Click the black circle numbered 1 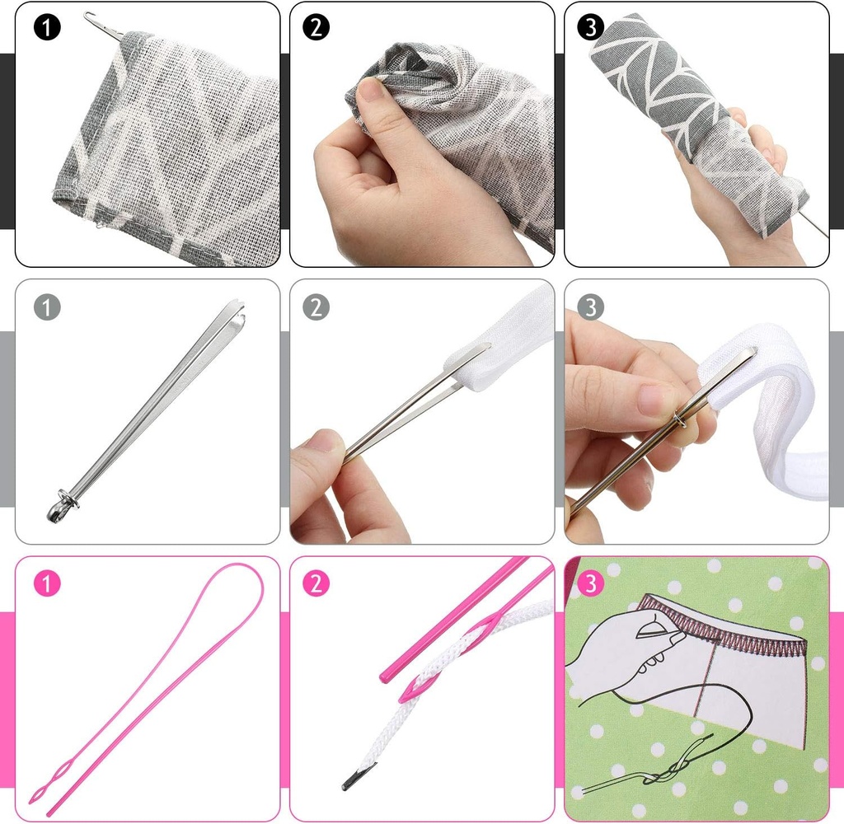tap(47, 27)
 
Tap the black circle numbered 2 tap(316, 27)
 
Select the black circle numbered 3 tap(590, 27)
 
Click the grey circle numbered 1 tap(47, 307)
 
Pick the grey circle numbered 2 tap(316, 307)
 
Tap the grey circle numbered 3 tap(590, 307)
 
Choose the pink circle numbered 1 tap(47, 583)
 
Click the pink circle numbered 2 tap(316, 583)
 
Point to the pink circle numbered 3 tap(590, 583)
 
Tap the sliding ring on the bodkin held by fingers tap(679, 419)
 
